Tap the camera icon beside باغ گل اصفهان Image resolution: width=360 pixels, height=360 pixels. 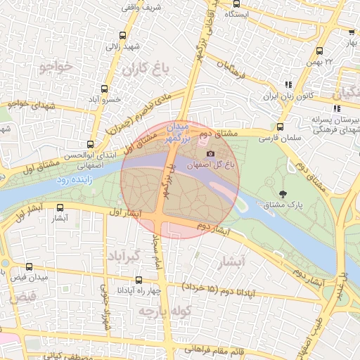point(210,154)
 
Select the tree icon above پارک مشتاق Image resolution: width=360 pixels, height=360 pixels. point(283,194)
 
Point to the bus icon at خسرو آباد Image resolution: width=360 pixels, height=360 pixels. point(105,89)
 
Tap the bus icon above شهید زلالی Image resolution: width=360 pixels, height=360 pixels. point(123,35)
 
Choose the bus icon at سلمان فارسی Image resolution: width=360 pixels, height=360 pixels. point(280,127)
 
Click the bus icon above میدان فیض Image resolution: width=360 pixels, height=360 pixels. point(29,267)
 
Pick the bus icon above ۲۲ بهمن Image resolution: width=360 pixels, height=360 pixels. point(320,51)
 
